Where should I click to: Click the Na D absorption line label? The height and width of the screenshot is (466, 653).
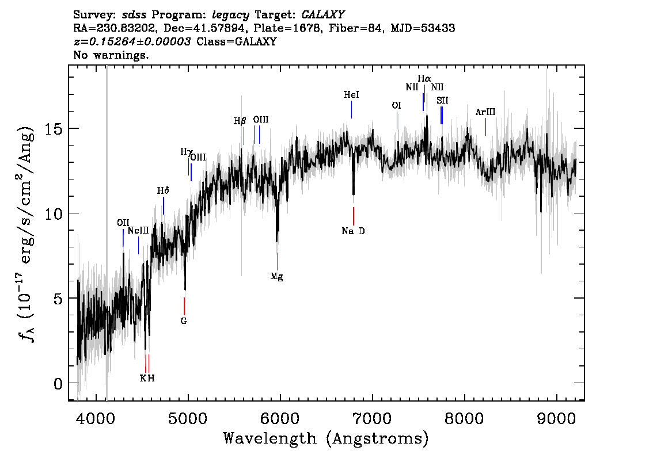point(353,231)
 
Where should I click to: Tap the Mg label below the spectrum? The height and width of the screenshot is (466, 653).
point(277,276)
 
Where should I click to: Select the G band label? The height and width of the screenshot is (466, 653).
point(184,321)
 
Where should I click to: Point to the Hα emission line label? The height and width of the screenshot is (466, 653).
point(424,78)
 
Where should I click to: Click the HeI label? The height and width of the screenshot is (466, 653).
point(351,95)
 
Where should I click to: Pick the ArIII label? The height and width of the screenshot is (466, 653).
point(485,112)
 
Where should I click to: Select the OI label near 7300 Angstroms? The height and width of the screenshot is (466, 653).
point(397,106)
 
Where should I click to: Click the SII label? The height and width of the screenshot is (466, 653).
point(442,101)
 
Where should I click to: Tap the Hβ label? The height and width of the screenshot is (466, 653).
point(240,121)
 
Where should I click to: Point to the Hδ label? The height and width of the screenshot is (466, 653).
point(164,190)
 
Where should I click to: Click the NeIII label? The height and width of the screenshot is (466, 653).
point(138,230)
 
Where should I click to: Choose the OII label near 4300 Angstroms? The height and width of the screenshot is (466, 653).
point(123,223)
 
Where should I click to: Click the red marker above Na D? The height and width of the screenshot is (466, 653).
point(354,216)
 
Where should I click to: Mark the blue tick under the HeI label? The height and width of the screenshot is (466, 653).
point(351,109)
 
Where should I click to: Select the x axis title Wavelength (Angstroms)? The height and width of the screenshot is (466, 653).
point(326,439)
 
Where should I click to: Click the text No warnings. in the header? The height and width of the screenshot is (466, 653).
point(111,55)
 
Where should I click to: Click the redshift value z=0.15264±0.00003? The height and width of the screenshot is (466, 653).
point(132,42)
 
